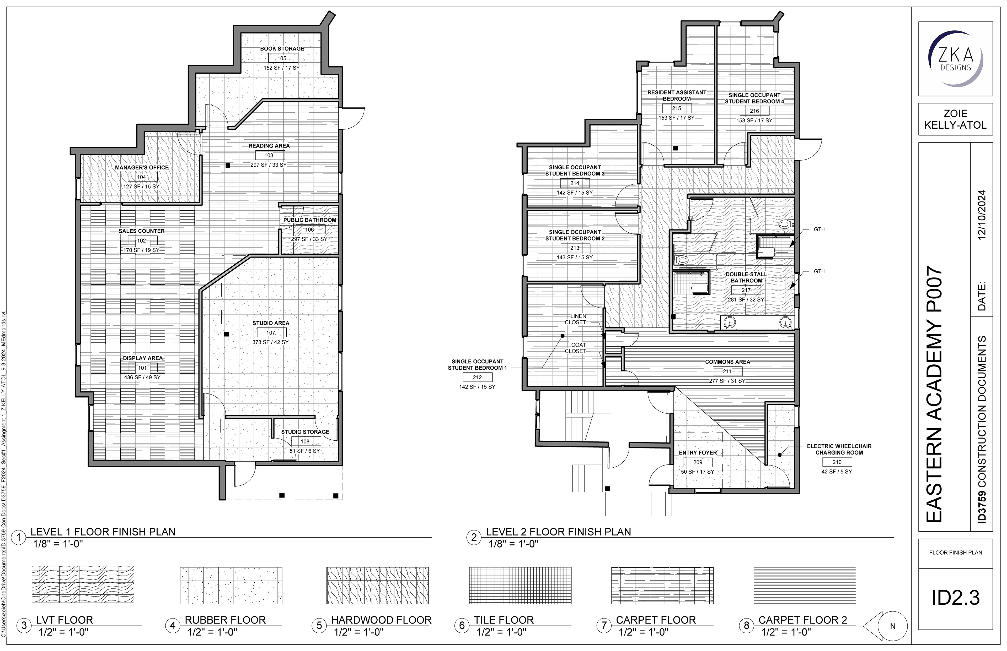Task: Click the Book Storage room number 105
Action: (x=282, y=58)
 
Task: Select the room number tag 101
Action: (x=142, y=368)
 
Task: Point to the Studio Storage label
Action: (x=305, y=432)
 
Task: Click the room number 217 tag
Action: (x=746, y=290)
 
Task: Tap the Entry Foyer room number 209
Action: (x=698, y=462)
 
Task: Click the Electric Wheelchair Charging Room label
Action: (x=839, y=449)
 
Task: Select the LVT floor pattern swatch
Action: (x=83, y=585)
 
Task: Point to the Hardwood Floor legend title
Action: (x=381, y=620)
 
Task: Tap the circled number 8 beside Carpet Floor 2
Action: (x=746, y=626)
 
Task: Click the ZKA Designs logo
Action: (x=955, y=58)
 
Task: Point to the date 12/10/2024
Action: (x=982, y=215)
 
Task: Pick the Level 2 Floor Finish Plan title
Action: (x=558, y=532)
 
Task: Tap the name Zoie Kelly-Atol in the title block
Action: (x=955, y=119)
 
